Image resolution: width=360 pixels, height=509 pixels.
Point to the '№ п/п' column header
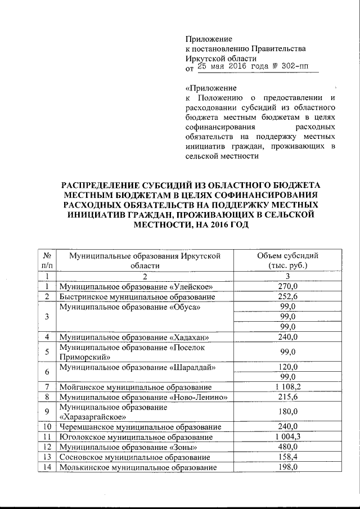[x=48, y=260]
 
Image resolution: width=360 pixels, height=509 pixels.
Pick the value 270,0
[x=287, y=286]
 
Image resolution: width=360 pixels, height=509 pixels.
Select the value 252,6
[x=287, y=296]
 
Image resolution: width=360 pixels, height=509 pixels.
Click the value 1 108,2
[x=287, y=387]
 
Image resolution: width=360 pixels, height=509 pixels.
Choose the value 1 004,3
[x=287, y=437]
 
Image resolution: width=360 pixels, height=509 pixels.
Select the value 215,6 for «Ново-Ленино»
[x=287, y=397]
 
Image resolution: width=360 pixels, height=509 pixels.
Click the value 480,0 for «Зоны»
[x=287, y=447]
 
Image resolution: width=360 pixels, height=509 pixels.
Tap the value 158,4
[x=287, y=457]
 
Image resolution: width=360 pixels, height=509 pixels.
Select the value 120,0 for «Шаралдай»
[x=287, y=367]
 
